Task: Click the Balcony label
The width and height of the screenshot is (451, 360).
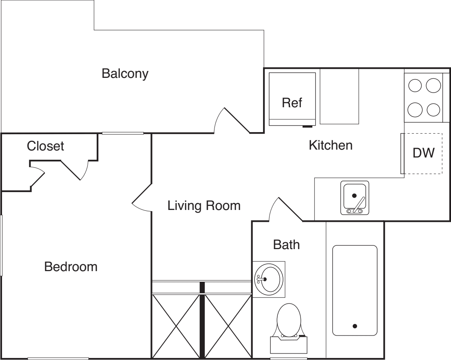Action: point(125,74)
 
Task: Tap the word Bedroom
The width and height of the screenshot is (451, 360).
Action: point(71,267)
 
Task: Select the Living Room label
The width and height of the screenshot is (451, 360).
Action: point(204,206)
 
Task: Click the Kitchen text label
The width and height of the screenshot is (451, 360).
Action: point(330,145)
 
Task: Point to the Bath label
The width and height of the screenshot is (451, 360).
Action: point(286,245)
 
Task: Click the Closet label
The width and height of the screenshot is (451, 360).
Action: point(46,146)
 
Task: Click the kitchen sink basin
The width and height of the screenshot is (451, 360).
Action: point(354,197)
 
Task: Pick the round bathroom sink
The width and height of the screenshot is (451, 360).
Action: point(268,279)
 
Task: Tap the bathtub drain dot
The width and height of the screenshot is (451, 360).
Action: point(355,326)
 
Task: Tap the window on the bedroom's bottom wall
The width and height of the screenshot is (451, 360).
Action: point(58,358)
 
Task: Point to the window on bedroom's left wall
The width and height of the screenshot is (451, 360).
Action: point(2,245)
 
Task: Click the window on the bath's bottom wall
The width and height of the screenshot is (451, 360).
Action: point(283,358)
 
